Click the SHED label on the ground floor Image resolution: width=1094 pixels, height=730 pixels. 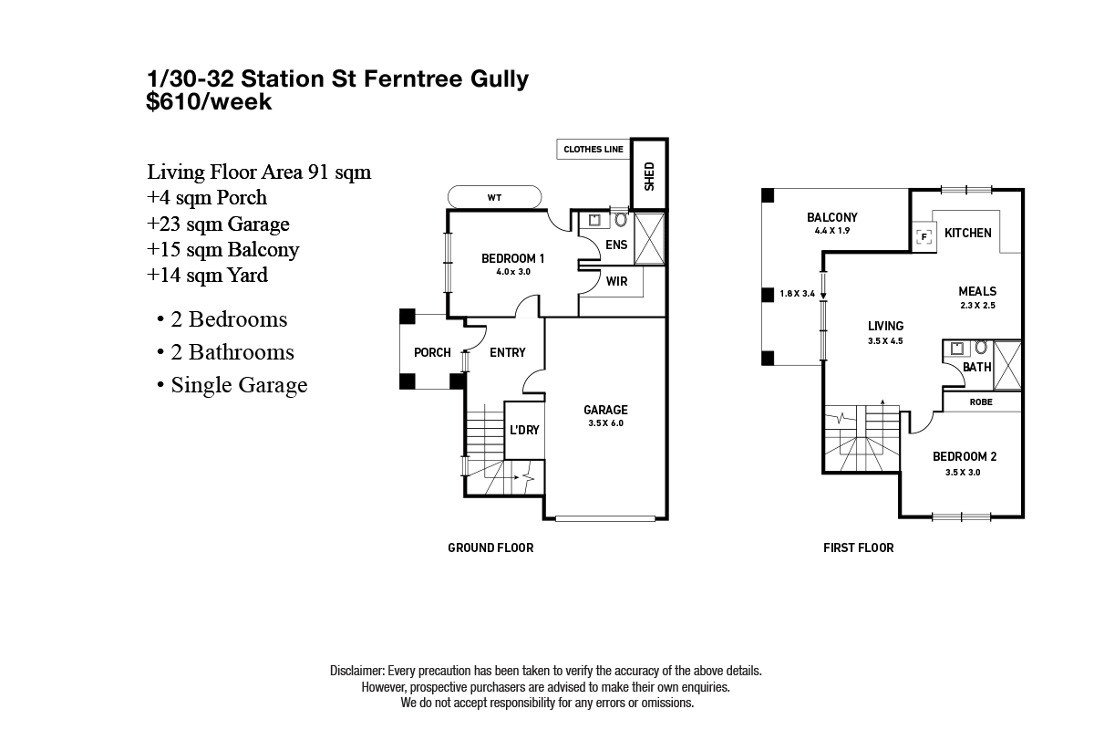[650, 175]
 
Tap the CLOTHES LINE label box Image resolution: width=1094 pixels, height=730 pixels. [593, 150]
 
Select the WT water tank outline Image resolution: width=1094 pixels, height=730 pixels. [495, 197]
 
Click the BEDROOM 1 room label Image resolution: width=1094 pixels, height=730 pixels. [513, 258]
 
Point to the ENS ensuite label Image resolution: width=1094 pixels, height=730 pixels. [616, 245]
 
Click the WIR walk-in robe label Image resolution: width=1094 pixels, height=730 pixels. [617, 282]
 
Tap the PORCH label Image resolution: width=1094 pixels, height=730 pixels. [432, 352]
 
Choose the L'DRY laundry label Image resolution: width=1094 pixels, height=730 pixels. [524, 430]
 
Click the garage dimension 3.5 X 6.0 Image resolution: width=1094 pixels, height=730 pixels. [605, 423]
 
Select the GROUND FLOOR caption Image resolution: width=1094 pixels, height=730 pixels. [490, 547]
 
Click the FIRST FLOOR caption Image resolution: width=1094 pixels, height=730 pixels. [858, 547]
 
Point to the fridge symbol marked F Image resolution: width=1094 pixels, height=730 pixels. [924, 236]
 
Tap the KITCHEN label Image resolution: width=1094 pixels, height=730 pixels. [967, 234]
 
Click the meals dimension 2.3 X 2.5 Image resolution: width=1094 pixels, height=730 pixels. [976, 306]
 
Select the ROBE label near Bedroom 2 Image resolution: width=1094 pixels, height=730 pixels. [981, 401]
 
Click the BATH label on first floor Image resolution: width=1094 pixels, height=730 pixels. [976, 367]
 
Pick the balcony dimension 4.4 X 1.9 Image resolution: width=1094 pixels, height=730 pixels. [831, 232]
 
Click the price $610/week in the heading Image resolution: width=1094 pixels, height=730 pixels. [209, 102]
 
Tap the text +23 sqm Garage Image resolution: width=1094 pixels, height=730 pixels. [218, 224]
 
